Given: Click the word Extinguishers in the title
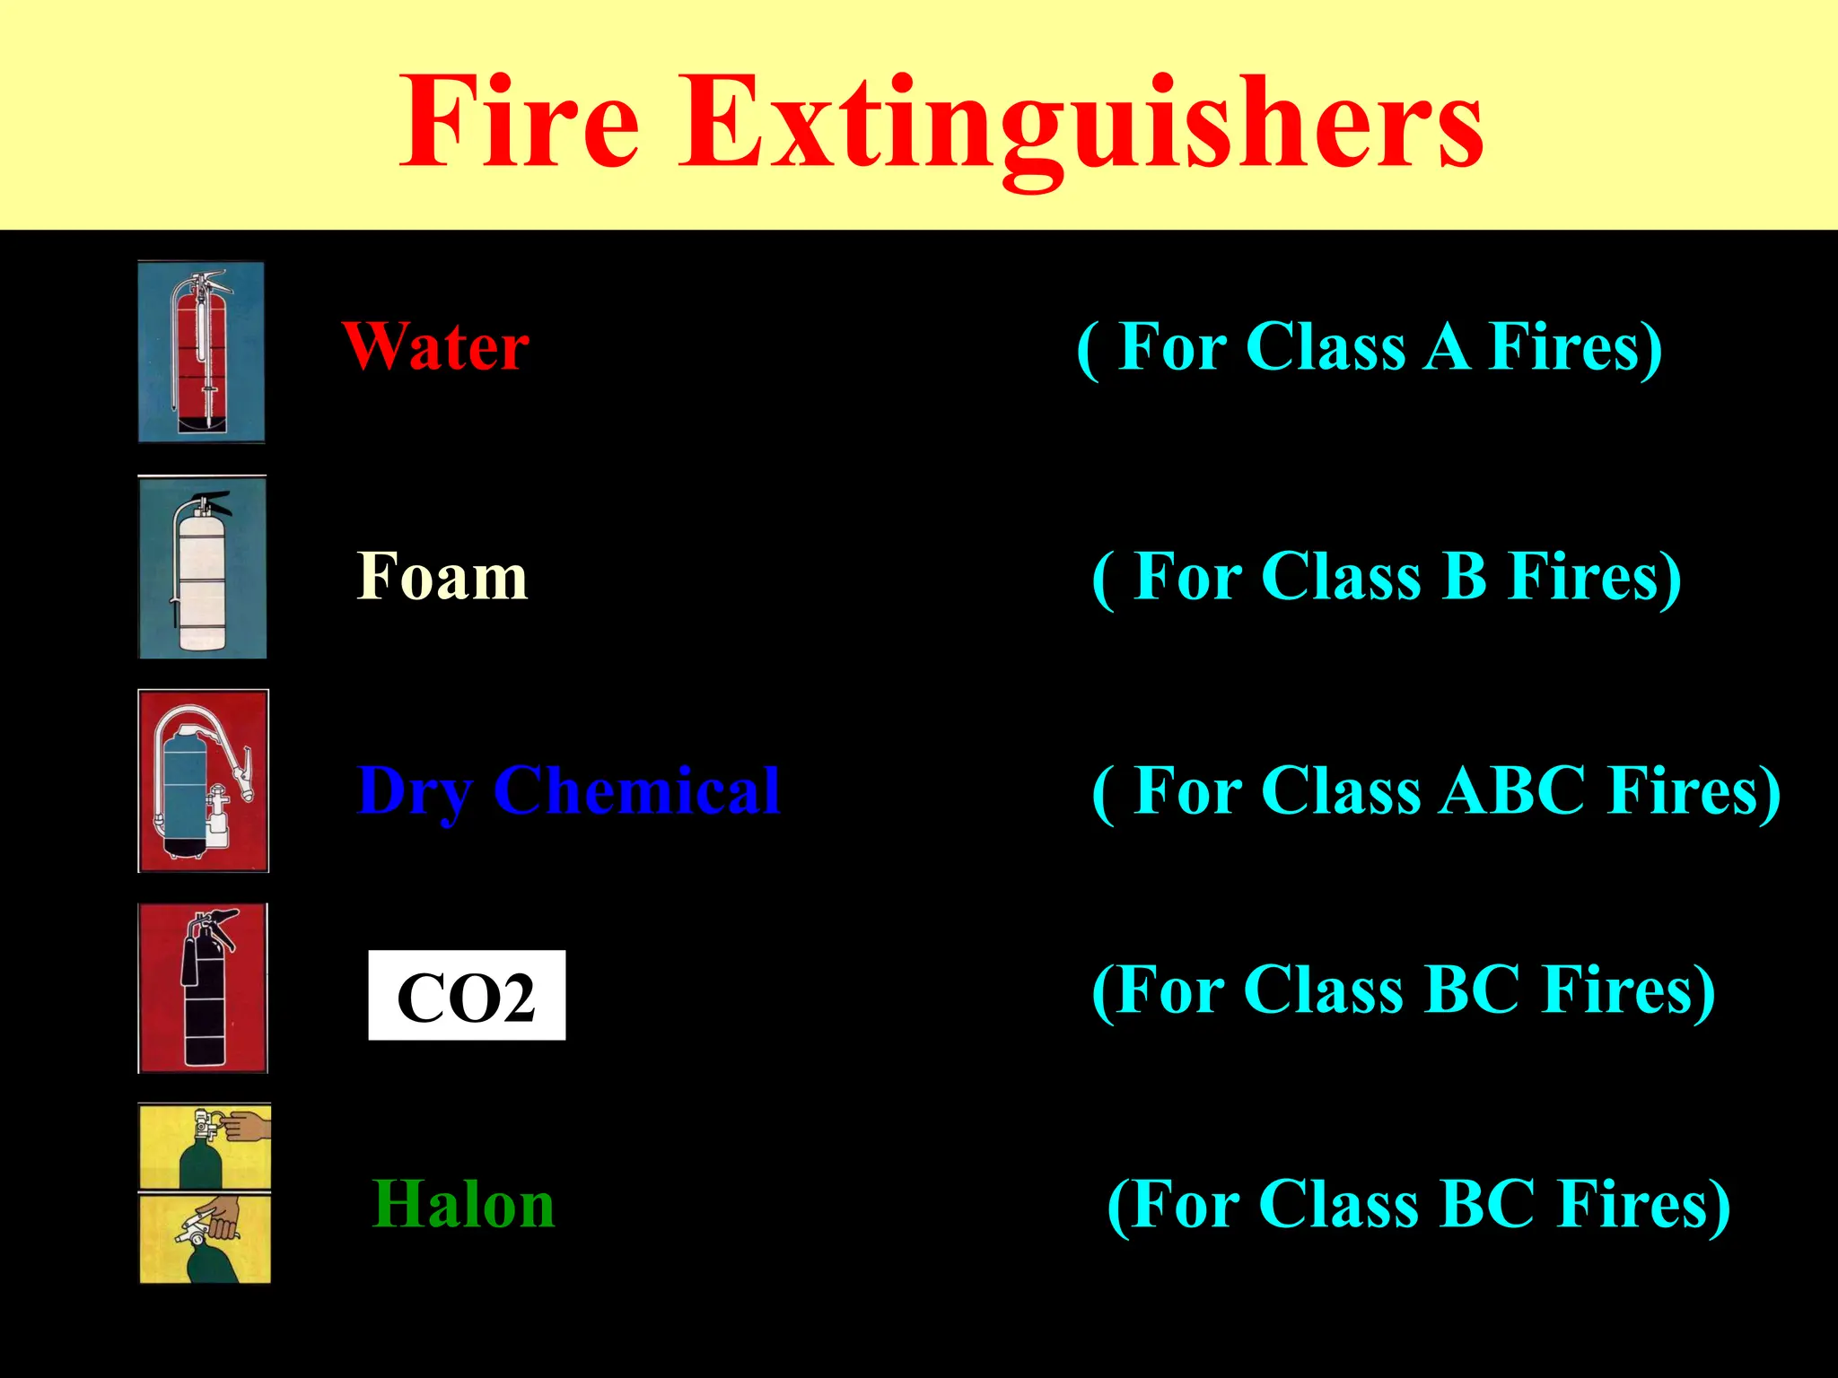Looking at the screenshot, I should click(x=1081, y=126).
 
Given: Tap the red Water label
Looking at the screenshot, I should click(x=436, y=347).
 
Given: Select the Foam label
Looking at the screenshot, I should click(x=442, y=577).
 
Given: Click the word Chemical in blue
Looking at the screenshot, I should click(x=636, y=791).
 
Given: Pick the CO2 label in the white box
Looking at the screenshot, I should click(x=467, y=996).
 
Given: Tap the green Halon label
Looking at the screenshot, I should click(x=463, y=1204).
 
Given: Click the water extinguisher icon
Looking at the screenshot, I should click(x=202, y=352).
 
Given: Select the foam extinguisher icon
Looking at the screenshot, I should click(x=203, y=568).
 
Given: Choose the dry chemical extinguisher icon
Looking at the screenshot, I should click(x=204, y=781).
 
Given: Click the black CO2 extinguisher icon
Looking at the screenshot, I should click(x=203, y=988).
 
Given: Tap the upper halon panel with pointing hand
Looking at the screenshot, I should click(x=205, y=1147).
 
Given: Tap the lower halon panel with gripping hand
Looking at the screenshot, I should click(x=205, y=1238).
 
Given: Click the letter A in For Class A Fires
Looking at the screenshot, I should click(x=1447, y=347).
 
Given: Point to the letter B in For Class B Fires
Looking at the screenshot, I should click(x=1464, y=577).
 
